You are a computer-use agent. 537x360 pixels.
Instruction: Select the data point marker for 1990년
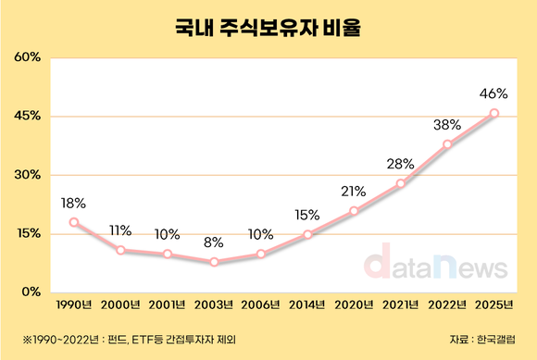(74, 222)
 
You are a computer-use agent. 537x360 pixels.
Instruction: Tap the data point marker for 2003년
(215, 262)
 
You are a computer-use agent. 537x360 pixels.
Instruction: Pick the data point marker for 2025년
(494, 113)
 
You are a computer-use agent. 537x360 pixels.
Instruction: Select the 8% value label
(215, 242)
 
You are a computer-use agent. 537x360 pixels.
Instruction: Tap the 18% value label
(74, 203)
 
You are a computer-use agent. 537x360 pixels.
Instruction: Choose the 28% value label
(401, 164)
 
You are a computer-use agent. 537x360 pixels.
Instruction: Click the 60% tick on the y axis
(27, 57)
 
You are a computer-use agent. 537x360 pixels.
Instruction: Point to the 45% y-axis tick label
(27, 117)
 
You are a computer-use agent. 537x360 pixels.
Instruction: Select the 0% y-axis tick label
(31, 292)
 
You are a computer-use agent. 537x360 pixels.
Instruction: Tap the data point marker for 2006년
(261, 254)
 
